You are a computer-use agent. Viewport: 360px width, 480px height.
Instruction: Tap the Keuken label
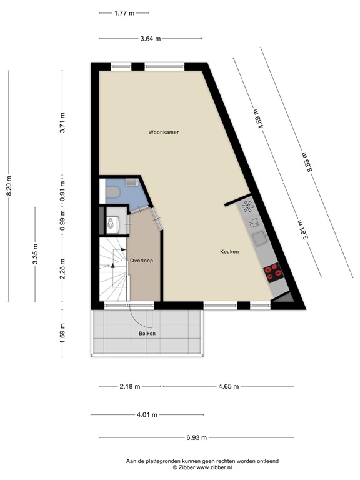point(229,252)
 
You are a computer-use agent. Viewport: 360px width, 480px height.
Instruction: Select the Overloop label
point(142,260)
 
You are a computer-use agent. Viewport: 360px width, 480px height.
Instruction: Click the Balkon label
point(147,334)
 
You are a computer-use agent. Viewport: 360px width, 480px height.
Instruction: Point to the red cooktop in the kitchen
point(273,271)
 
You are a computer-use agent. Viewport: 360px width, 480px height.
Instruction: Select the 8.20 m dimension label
point(9,186)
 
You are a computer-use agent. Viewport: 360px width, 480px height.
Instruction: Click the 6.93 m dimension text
point(196,437)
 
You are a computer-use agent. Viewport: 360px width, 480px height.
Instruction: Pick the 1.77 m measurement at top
point(124,12)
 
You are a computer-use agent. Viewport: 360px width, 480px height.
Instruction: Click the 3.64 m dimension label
point(151,39)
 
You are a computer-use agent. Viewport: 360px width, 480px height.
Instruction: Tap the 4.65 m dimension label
point(227,386)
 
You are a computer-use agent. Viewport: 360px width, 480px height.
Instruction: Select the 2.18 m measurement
point(129,386)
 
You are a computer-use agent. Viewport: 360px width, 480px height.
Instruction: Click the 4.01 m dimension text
point(146,414)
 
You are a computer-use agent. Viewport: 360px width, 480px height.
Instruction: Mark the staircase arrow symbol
point(113,264)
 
